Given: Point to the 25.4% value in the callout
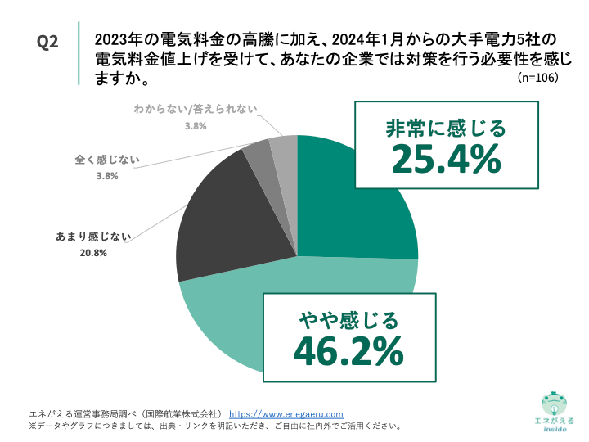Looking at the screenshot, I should (x=446, y=159).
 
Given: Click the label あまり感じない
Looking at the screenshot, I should (x=88, y=237).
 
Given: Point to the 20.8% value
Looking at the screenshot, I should (x=88, y=253).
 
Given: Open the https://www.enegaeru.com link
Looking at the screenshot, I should (x=286, y=414).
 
